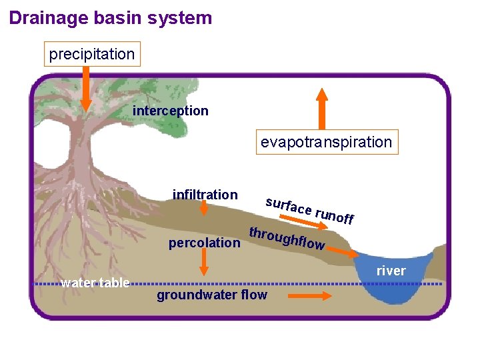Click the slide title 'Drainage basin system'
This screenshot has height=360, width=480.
[111, 18]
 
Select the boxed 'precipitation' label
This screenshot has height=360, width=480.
[92, 54]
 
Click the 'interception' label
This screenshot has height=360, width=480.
[170, 111]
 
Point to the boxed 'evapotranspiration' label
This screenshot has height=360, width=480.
[326, 142]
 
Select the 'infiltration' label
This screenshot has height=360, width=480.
[205, 195]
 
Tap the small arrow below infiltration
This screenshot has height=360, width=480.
[204, 210]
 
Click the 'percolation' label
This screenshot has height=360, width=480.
[204, 243]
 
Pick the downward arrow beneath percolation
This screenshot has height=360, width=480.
[204, 265]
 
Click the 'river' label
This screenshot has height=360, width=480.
[391, 271]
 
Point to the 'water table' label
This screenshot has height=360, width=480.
[95, 283]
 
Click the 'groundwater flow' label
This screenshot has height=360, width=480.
[211, 295]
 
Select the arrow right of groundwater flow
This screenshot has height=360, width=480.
[309, 295]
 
